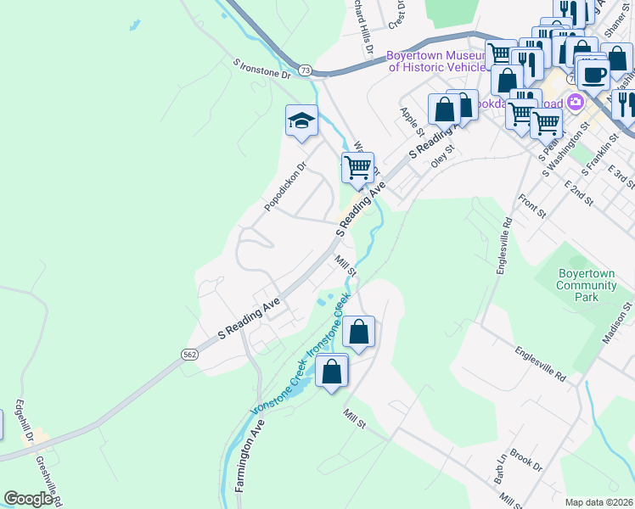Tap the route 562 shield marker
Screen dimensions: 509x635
click(189, 354)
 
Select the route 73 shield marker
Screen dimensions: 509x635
click(306, 69)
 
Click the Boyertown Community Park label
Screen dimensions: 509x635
click(587, 285)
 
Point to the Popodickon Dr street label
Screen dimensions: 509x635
click(284, 187)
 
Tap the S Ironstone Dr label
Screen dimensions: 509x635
click(261, 69)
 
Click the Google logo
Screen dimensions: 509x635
click(28, 499)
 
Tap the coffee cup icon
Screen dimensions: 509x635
click(594, 75)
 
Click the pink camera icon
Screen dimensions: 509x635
click(576, 103)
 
